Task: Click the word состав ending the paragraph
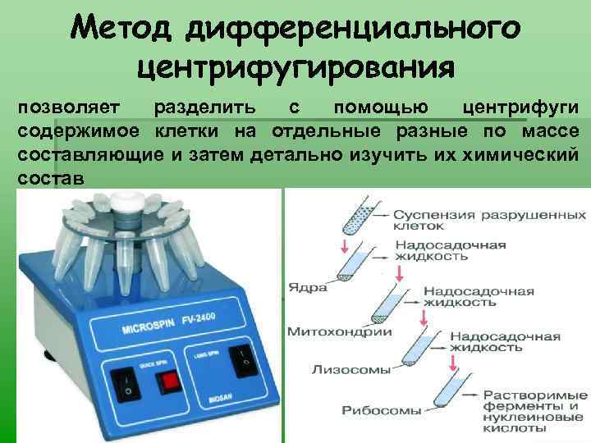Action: click(48, 177)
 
